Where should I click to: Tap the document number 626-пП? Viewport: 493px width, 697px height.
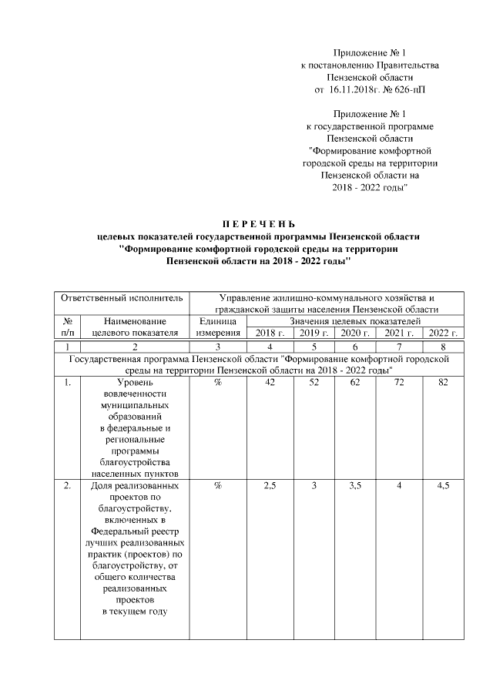click(x=405, y=89)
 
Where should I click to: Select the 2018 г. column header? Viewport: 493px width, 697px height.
click(x=269, y=333)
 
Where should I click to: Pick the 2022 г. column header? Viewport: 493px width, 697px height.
click(x=442, y=333)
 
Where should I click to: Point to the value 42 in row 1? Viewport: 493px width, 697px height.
click(x=270, y=383)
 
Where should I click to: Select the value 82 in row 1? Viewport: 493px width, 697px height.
click(x=442, y=383)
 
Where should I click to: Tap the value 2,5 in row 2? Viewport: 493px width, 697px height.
click(x=270, y=486)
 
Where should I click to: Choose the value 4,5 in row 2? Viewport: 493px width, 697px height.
click(x=442, y=486)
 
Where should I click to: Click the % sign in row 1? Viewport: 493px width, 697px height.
click(x=218, y=383)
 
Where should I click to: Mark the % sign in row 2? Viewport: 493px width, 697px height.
click(x=218, y=486)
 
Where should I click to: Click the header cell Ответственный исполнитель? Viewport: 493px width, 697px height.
click(x=122, y=297)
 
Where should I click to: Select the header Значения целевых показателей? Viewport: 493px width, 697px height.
click(x=355, y=320)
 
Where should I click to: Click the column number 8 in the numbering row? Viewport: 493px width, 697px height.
click(x=442, y=347)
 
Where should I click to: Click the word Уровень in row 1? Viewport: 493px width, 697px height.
click(x=135, y=383)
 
